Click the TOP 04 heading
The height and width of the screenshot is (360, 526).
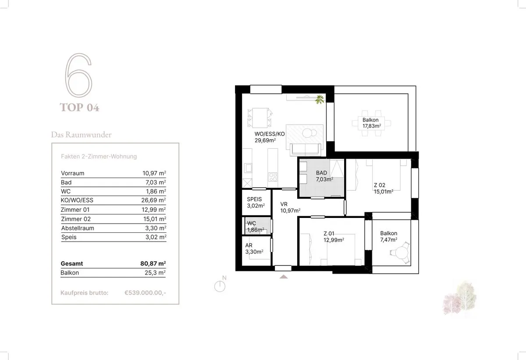(x=79, y=107)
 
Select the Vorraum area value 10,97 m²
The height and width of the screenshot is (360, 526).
(x=154, y=173)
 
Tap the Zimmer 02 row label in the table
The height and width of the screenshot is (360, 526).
(x=76, y=219)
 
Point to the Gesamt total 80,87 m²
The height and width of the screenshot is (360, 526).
(x=153, y=263)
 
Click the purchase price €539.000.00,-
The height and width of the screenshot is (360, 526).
(x=145, y=292)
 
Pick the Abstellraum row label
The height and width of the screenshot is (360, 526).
(x=78, y=228)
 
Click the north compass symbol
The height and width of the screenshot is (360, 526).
(x=220, y=285)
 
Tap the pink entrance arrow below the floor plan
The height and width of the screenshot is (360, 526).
(x=284, y=277)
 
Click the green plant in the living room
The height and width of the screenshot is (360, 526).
(x=320, y=100)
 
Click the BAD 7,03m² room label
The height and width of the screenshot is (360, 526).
(x=324, y=176)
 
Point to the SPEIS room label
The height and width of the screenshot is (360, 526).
(x=254, y=199)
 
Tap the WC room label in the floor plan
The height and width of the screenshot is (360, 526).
(x=252, y=223)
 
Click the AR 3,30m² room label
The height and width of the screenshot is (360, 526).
(x=254, y=249)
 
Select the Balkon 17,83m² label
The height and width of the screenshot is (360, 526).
(x=372, y=123)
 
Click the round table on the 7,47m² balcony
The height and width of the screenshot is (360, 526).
(x=402, y=253)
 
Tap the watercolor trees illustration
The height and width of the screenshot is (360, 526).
(x=459, y=298)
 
